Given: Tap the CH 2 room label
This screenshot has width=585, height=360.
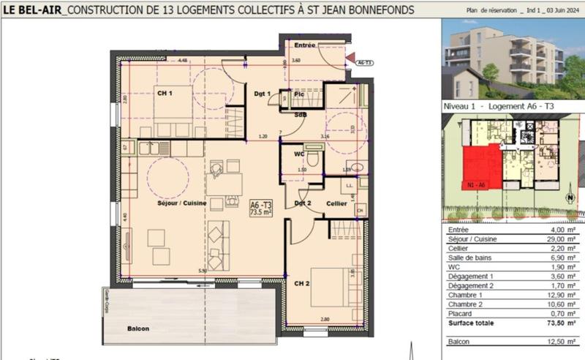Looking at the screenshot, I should coord(302,283).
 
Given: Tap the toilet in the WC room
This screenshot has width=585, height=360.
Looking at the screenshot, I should coord(313,159).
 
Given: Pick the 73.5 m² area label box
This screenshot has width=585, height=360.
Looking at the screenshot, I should coord(260,208).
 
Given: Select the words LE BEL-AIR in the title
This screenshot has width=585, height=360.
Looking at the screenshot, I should coord(31,10).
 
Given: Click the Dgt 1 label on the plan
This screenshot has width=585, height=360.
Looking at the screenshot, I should coord(263,94).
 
